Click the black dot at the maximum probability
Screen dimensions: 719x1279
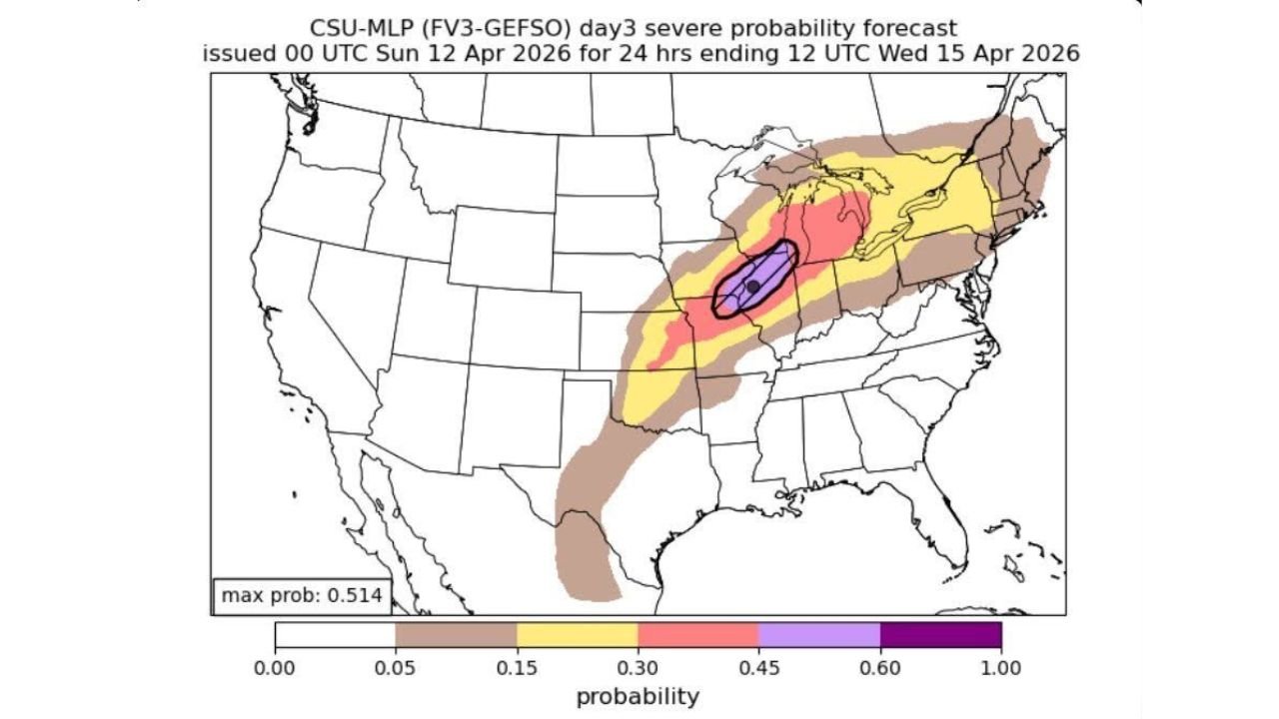(x=753, y=287)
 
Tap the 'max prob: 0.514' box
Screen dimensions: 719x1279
(x=301, y=596)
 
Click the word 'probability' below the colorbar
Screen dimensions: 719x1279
(x=638, y=696)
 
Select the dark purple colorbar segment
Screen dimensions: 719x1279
(x=940, y=635)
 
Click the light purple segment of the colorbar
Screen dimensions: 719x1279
(x=819, y=635)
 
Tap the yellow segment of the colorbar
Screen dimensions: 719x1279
(x=578, y=635)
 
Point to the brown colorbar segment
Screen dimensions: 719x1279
(x=457, y=635)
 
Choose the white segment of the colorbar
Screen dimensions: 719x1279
(x=336, y=635)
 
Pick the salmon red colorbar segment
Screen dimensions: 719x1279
(x=698, y=635)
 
